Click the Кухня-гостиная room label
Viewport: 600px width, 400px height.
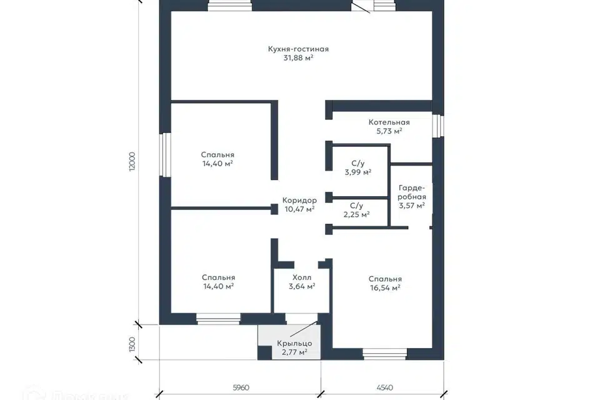[x=298, y=49]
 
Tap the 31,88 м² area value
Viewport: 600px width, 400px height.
[x=299, y=57]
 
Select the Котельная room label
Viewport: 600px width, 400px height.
[x=389, y=122]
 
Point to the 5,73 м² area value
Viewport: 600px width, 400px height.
[x=389, y=131]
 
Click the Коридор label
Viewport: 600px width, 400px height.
[x=299, y=200]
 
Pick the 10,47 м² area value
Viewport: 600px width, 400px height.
[x=299, y=209]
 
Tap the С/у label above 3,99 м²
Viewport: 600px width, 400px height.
[x=357, y=164]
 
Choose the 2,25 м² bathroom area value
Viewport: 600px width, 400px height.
[x=357, y=215]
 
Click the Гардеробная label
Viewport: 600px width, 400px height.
[x=412, y=192]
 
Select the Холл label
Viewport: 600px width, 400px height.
[x=302, y=277]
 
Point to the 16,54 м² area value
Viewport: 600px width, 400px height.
[x=386, y=288]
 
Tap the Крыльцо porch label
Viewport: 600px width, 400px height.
[x=294, y=343]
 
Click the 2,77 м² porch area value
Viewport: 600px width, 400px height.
[x=294, y=352]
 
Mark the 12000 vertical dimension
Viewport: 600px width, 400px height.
[x=132, y=161]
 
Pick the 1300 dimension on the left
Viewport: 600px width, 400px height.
[x=132, y=344]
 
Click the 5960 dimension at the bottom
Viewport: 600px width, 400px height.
[x=241, y=387]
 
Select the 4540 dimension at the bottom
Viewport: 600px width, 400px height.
[x=384, y=387]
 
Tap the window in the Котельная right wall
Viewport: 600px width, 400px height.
[x=439, y=126]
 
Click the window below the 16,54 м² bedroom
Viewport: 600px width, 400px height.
[x=384, y=354]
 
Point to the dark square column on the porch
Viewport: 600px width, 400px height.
[x=264, y=352]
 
